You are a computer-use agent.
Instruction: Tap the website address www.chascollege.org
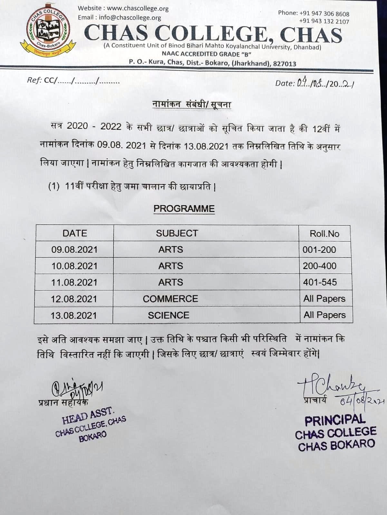point(138,9)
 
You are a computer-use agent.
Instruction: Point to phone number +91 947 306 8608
point(324,14)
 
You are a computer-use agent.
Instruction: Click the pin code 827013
point(285,64)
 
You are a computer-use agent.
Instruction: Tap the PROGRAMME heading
point(184,209)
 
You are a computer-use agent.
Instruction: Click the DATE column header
point(75,233)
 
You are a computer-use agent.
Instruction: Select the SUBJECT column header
point(177,233)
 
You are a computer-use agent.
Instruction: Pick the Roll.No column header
point(324,234)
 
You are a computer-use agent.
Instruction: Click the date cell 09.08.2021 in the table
point(74,250)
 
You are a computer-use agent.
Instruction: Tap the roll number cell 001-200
point(319,250)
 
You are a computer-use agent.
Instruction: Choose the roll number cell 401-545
point(320,282)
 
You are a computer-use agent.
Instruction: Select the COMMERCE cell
point(170,299)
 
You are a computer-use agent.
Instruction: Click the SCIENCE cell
point(169,315)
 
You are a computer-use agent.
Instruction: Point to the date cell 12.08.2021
point(74,299)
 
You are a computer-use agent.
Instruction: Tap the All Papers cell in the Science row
point(324,315)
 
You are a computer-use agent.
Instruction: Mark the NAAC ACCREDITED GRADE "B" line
point(207,54)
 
